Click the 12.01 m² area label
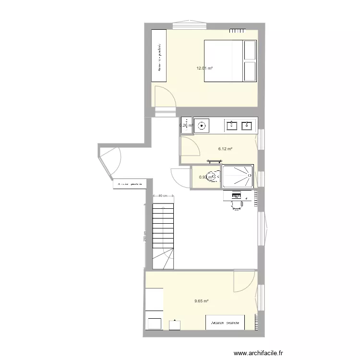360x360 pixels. click(x=204, y=68)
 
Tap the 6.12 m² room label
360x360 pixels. click(x=225, y=149)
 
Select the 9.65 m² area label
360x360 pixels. click(x=201, y=301)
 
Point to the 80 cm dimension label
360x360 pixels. click(x=163, y=196)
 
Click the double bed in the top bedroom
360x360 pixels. click(x=230, y=61)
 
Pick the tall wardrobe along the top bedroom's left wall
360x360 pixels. click(x=159, y=56)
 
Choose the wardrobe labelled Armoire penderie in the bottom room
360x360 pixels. click(x=225, y=322)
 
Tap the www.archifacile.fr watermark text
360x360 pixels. click(x=258, y=353)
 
